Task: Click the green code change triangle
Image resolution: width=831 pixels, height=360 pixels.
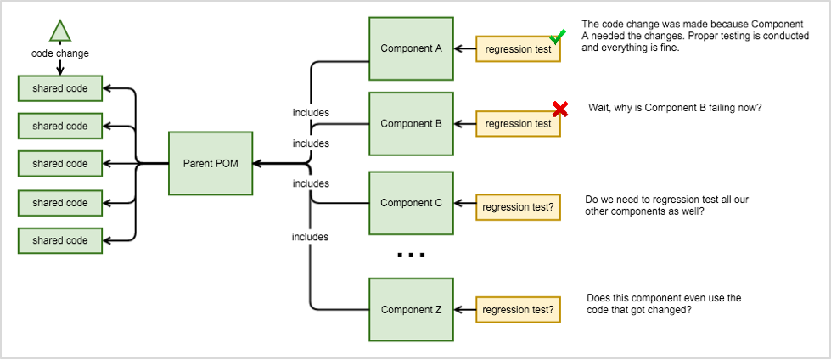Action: click(59, 31)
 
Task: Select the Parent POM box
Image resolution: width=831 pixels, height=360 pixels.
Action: click(210, 164)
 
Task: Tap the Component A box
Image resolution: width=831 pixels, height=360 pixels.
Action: click(411, 48)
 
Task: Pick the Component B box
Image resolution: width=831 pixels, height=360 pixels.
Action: click(411, 124)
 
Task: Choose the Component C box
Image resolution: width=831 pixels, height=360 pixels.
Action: click(411, 203)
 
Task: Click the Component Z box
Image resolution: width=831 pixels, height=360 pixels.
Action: click(411, 310)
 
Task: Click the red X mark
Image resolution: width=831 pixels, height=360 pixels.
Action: click(559, 109)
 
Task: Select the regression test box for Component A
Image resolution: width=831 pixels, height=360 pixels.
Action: click(518, 49)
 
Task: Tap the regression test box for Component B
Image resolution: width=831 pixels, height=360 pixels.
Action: click(518, 124)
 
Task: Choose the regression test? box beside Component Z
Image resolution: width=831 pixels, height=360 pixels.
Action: click(518, 310)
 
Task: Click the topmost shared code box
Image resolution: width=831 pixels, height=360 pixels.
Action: click(60, 87)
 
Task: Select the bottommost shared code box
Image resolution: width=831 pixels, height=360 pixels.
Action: click(60, 240)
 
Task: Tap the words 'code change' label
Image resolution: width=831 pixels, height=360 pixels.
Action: click(60, 53)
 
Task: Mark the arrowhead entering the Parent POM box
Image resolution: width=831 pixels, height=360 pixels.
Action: click(257, 164)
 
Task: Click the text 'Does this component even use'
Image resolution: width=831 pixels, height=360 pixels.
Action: click(664, 298)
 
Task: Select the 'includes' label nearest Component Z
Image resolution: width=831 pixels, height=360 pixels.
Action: click(311, 237)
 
